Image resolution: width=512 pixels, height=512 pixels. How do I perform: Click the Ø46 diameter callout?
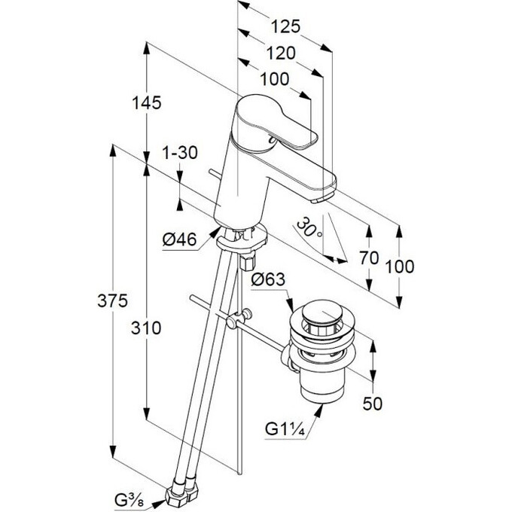point(179,239)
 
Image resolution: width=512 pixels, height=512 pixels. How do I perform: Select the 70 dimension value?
point(368,257)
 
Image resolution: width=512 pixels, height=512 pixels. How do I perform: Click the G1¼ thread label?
point(284,430)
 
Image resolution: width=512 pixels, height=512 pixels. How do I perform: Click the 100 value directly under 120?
point(275,78)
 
